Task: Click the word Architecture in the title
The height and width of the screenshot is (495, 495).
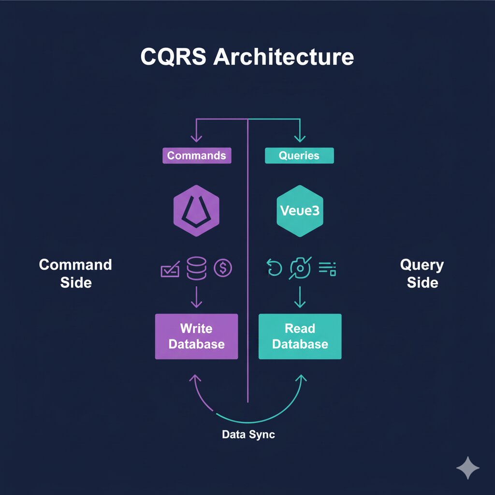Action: [x=283, y=57]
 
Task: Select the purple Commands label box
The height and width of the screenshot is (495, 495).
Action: [x=196, y=156]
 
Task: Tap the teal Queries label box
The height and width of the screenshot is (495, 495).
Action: [x=299, y=156]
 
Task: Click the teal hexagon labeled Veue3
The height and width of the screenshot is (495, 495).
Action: [x=300, y=212]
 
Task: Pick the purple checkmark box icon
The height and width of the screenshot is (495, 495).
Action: [x=170, y=269]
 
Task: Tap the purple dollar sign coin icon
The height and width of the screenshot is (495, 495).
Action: [x=223, y=267]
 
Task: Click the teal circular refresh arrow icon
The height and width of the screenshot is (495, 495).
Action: [x=274, y=268]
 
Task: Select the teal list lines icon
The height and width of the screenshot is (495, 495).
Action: [x=327, y=268]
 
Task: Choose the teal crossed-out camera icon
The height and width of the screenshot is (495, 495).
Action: [x=300, y=268]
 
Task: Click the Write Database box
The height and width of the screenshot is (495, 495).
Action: [x=196, y=336]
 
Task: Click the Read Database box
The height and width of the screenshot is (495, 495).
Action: [x=300, y=336]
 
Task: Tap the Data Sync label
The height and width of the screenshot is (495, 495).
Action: [x=248, y=434]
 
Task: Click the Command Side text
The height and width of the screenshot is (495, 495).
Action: [x=75, y=273]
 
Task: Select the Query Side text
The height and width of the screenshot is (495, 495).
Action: [x=422, y=273]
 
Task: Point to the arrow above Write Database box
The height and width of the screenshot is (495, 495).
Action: [x=196, y=296]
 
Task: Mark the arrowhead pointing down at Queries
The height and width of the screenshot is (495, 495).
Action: [x=300, y=138]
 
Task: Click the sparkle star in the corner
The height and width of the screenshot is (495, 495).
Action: [x=468, y=467]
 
